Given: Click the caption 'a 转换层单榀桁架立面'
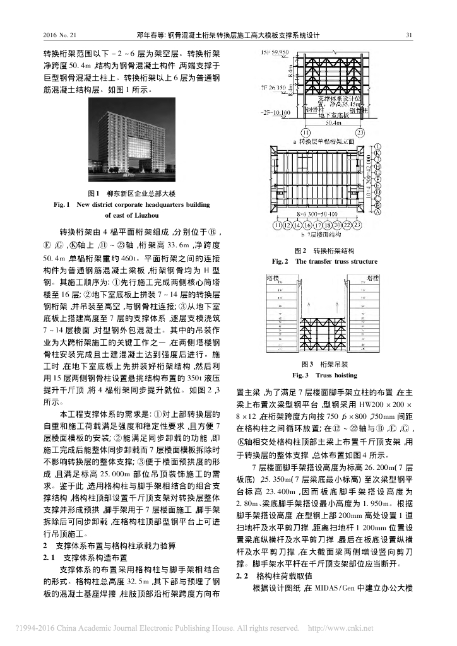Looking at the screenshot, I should (321, 143).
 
